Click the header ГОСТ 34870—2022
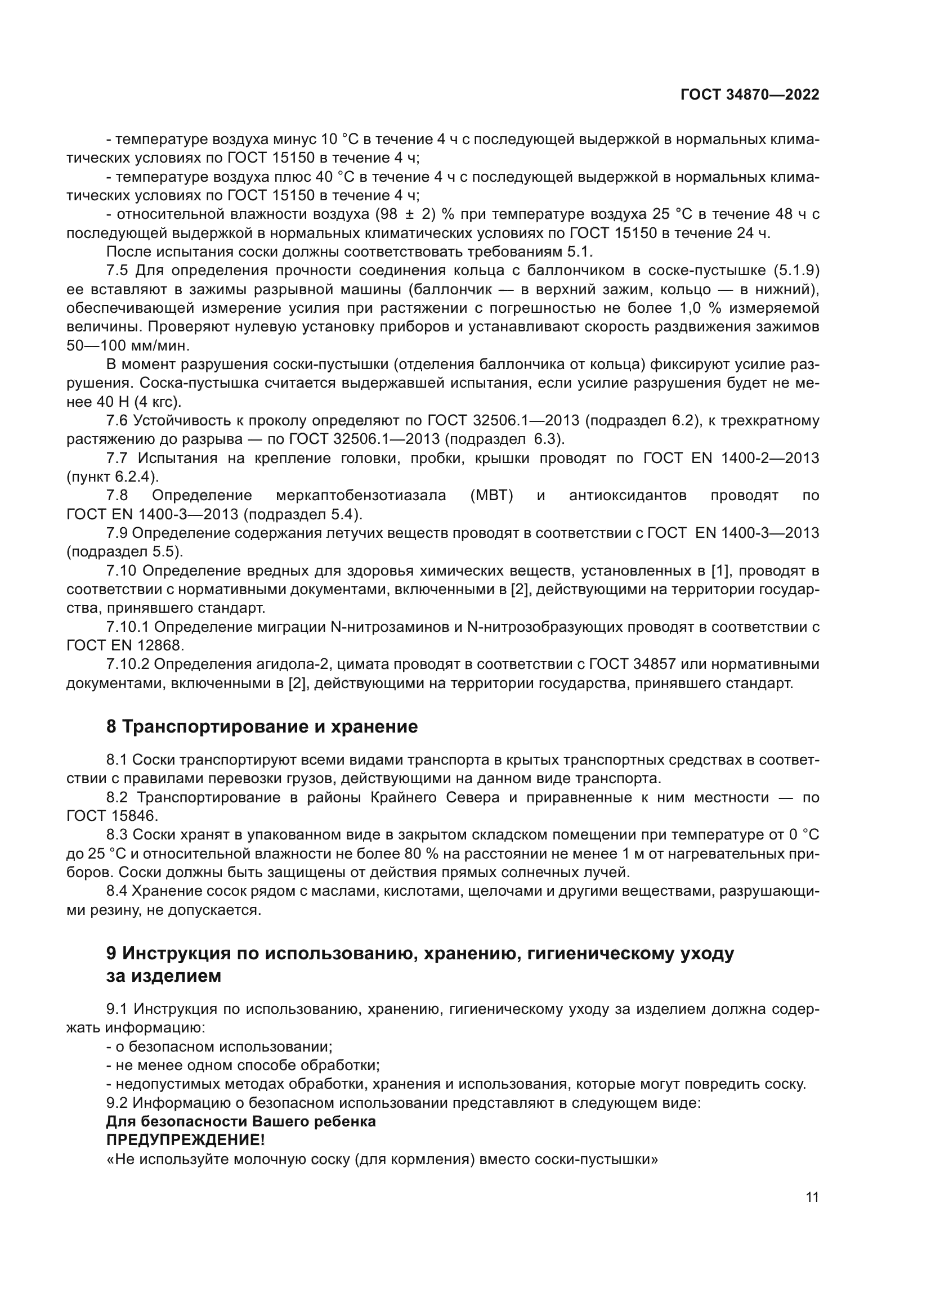[x=749, y=95]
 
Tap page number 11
[x=812, y=1197]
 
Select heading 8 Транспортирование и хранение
[x=262, y=727]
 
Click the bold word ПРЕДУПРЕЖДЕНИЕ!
[x=186, y=1140]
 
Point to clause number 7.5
[x=118, y=271]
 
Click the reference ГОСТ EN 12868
[x=125, y=645]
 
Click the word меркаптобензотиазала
[x=361, y=495]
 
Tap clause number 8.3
[x=117, y=834]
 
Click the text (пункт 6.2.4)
[x=113, y=477]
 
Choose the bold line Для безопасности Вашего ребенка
[x=241, y=1122]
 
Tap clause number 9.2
[x=118, y=1103]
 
